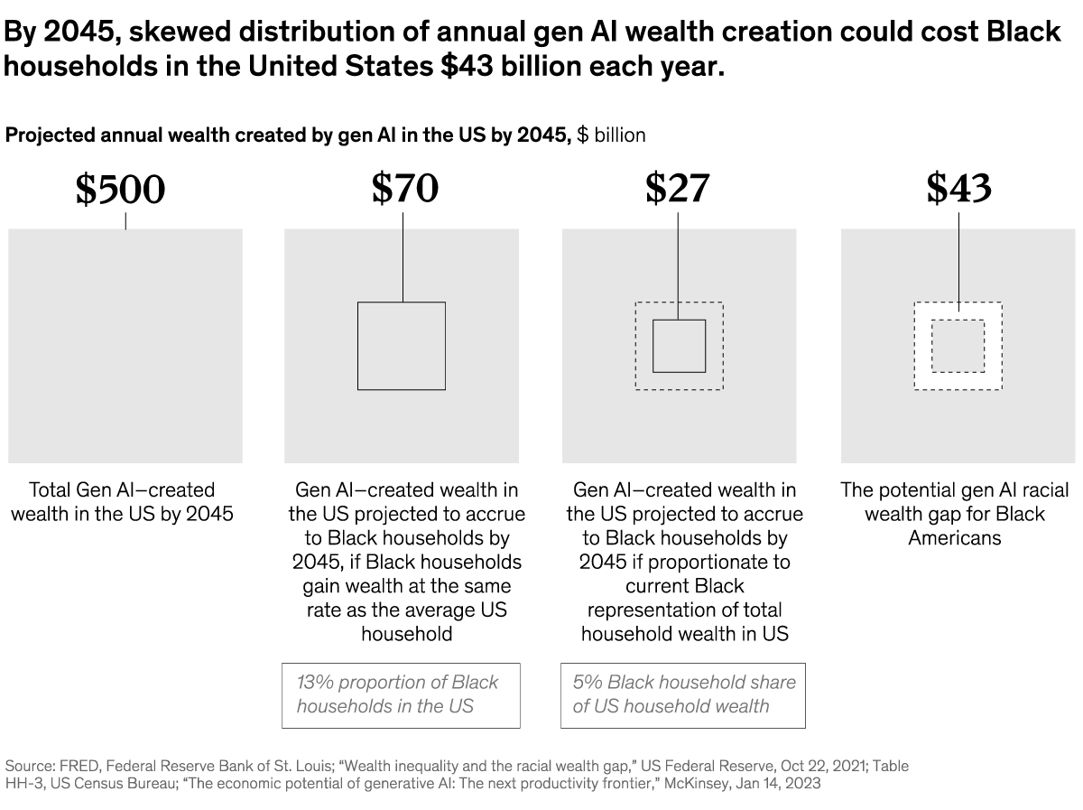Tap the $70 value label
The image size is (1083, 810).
tap(404, 187)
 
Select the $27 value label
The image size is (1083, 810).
tap(677, 187)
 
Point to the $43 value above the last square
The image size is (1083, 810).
tap(958, 187)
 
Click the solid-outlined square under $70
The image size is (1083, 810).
tap(402, 346)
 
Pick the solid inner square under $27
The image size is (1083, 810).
tap(679, 346)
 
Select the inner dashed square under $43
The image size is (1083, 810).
tap(958, 346)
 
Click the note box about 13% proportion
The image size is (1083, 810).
tap(401, 694)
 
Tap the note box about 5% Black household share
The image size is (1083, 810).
tap(683, 694)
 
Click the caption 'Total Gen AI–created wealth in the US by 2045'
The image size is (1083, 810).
tap(123, 501)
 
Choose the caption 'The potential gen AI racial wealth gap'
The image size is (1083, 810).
tap(955, 513)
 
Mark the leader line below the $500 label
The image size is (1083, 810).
tap(125, 219)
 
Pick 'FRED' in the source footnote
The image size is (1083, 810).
tap(84, 766)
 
